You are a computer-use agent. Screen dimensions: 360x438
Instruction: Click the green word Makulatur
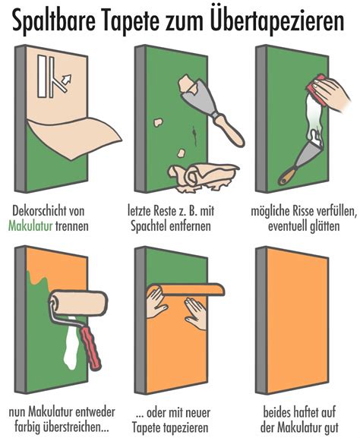30,225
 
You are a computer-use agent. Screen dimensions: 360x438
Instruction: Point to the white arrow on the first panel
67,79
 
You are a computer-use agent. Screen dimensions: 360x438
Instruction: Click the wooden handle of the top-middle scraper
229,130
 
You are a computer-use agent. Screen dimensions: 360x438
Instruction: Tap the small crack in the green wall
194,135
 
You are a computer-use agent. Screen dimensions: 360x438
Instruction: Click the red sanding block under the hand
317,90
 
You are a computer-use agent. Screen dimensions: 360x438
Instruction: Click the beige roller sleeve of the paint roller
79,304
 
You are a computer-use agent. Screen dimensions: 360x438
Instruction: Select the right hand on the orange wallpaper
196,313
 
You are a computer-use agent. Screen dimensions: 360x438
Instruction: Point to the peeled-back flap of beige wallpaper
74,137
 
